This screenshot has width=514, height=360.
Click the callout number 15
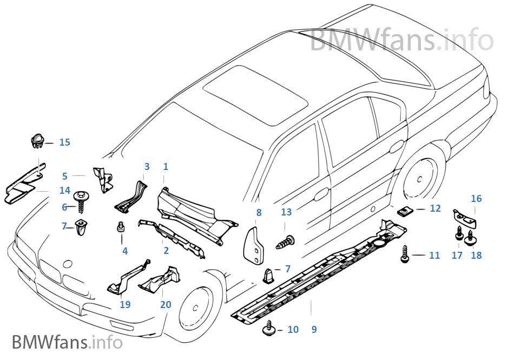point(64,142)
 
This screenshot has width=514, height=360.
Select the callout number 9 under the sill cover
point(314,329)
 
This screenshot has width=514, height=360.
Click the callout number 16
point(476,199)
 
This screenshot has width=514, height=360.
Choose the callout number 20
point(166,305)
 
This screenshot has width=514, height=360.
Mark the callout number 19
point(125,305)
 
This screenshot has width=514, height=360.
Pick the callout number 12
point(435,208)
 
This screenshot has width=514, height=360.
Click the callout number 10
point(293,329)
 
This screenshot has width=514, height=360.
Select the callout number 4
point(125,251)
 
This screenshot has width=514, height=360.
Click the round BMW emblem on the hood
point(68,264)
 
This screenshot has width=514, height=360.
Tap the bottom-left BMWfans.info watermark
point(67,342)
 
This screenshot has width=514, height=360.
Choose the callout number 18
point(476,255)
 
